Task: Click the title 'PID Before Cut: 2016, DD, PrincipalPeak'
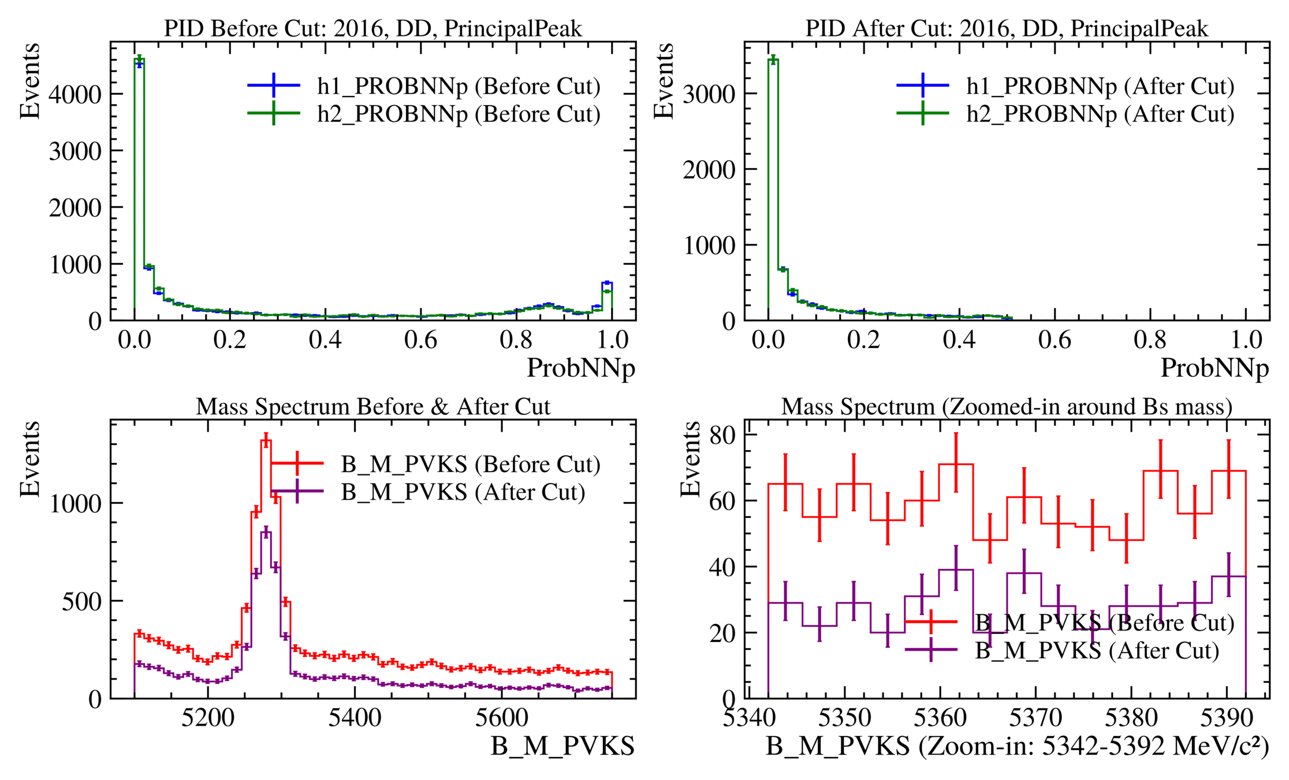(x=373, y=28)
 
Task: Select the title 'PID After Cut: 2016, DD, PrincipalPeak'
(x=1007, y=28)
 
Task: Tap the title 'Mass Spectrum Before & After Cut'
(x=373, y=407)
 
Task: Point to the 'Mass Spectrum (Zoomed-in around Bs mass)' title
(x=1007, y=407)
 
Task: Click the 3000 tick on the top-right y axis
(x=709, y=94)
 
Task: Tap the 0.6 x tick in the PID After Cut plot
(x=1055, y=340)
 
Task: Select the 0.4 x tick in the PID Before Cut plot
(x=325, y=340)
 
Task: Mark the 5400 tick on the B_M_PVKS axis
(x=355, y=718)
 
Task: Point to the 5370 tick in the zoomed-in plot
(x=1035, y=718)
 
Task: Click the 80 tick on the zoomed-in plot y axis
(x=723, y=434)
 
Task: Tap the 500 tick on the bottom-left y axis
(x=81, y=601)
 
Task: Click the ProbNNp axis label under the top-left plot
(x=580, y=368)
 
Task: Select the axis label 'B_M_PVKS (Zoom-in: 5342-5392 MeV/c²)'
(x=1018, y=746)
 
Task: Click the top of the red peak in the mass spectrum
(x=266, y=441)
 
